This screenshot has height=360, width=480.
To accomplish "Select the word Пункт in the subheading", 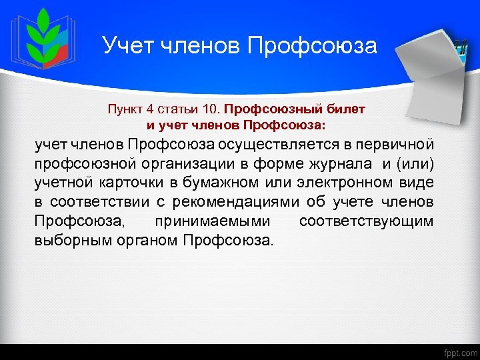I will (125, 109).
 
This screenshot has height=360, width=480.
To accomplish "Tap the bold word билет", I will (349, 109).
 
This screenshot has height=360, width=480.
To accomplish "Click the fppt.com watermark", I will (459, 352).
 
